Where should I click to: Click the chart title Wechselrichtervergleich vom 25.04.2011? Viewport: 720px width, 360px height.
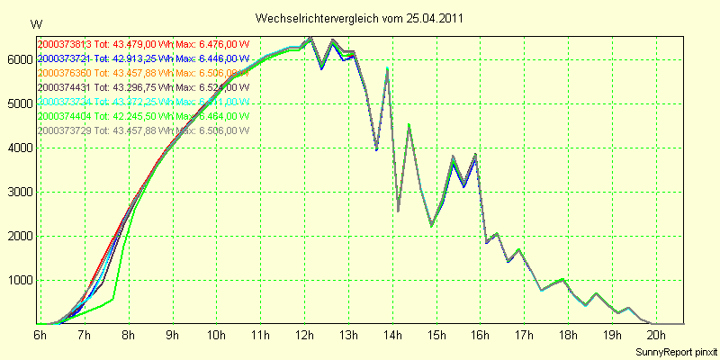pos(360,18)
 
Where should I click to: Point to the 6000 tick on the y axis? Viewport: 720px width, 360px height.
pos(17,58)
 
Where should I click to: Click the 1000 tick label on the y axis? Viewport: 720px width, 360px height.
pos(17,280)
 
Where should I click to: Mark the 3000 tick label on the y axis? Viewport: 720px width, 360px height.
pos(17,192)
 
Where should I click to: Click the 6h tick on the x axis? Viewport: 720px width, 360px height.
pos(40,335)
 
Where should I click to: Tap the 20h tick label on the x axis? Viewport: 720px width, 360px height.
pos(656,335)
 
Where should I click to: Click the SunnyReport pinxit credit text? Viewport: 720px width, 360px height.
pos(676,350)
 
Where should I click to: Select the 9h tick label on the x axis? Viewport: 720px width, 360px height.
pos(171,335)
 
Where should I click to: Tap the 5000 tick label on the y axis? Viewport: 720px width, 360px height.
pos(17,103)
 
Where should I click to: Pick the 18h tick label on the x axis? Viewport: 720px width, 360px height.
pos(568,335)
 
